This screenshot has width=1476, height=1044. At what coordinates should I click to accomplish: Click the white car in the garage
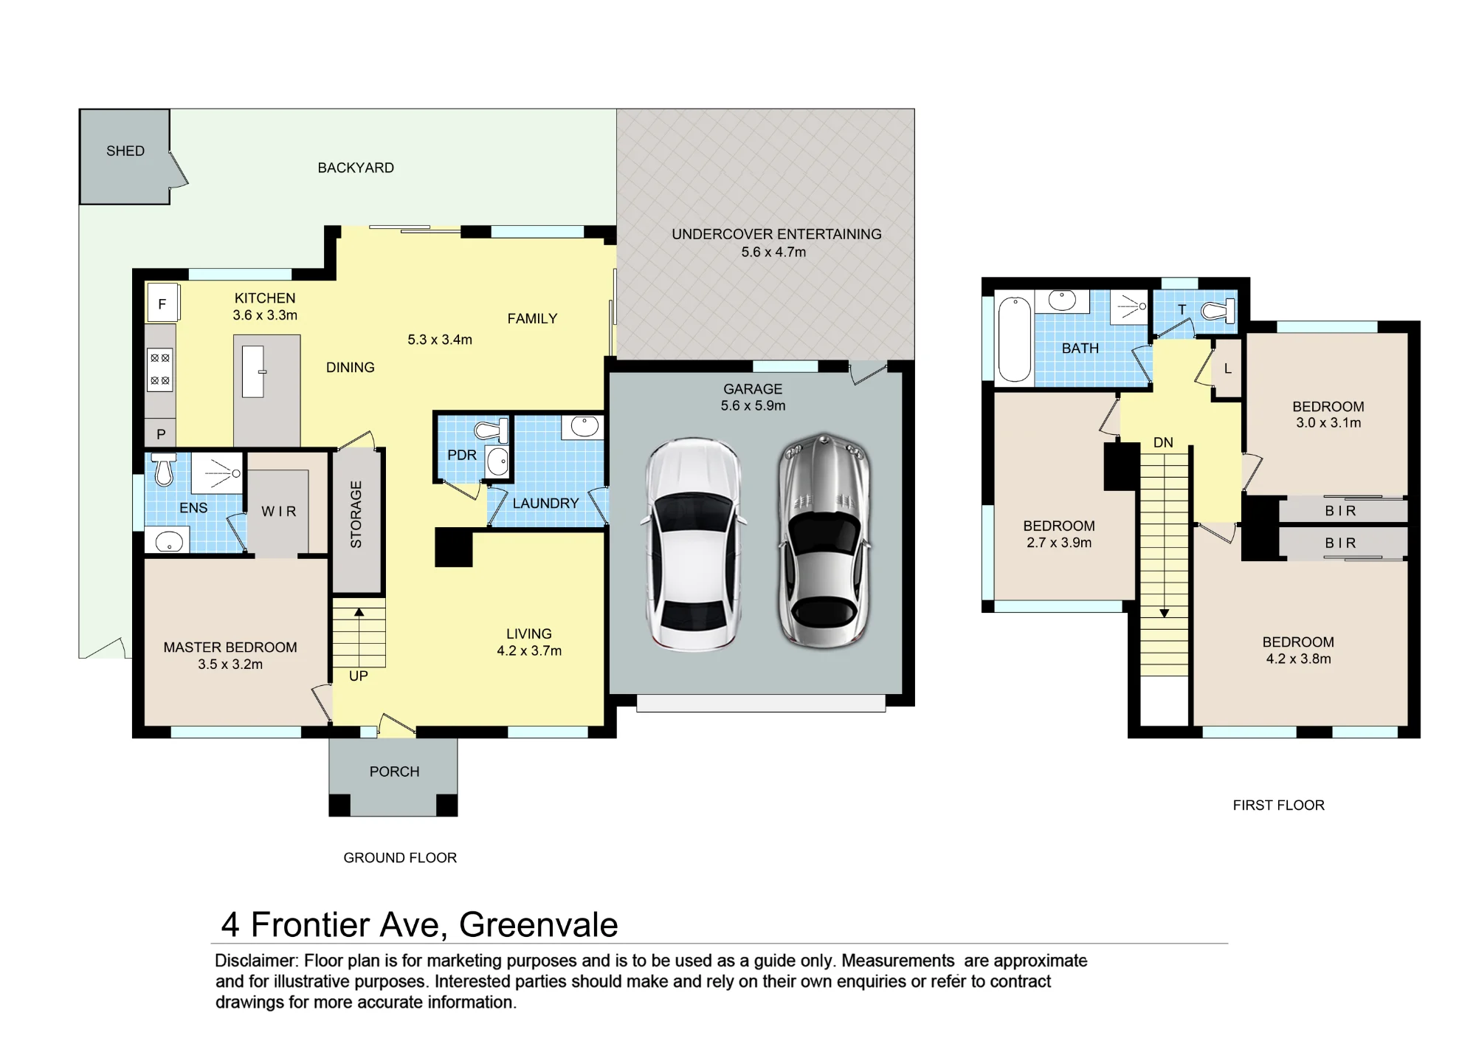point(693,545)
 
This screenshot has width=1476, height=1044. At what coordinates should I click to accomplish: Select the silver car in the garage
point(824,541)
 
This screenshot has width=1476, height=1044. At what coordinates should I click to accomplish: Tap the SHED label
point(125,151)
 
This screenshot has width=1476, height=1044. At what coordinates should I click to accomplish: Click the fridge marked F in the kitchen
point(162,303)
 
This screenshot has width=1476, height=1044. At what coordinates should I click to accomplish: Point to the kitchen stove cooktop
point(160,369)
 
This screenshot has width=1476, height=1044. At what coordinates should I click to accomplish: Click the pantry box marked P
point(160,434)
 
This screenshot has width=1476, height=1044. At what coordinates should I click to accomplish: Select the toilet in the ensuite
point(164,468)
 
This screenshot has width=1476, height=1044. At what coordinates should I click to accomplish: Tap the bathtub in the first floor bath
point(1015,339)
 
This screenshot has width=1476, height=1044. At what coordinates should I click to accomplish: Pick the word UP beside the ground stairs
point(359,676)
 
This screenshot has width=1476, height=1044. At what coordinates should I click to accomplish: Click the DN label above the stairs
point(1163,443)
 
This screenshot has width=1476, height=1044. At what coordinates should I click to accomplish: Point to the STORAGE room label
point(356,515)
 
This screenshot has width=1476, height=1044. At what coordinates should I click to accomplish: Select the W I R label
point(279,512)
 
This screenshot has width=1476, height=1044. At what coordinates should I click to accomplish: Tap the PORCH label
point(394,772)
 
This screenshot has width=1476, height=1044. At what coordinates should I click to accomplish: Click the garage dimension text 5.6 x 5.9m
point(753,406)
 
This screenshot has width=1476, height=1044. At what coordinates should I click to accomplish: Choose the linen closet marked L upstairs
point(1228,368)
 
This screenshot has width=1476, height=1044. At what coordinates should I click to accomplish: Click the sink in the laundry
point(583,427)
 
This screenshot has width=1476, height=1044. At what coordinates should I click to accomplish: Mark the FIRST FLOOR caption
point(1279,806)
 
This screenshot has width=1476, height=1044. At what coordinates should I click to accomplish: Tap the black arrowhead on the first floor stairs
point(1164,614)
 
